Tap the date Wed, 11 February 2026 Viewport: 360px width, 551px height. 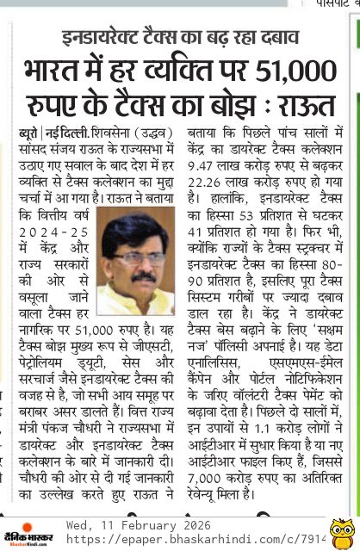tap(139, 525)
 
